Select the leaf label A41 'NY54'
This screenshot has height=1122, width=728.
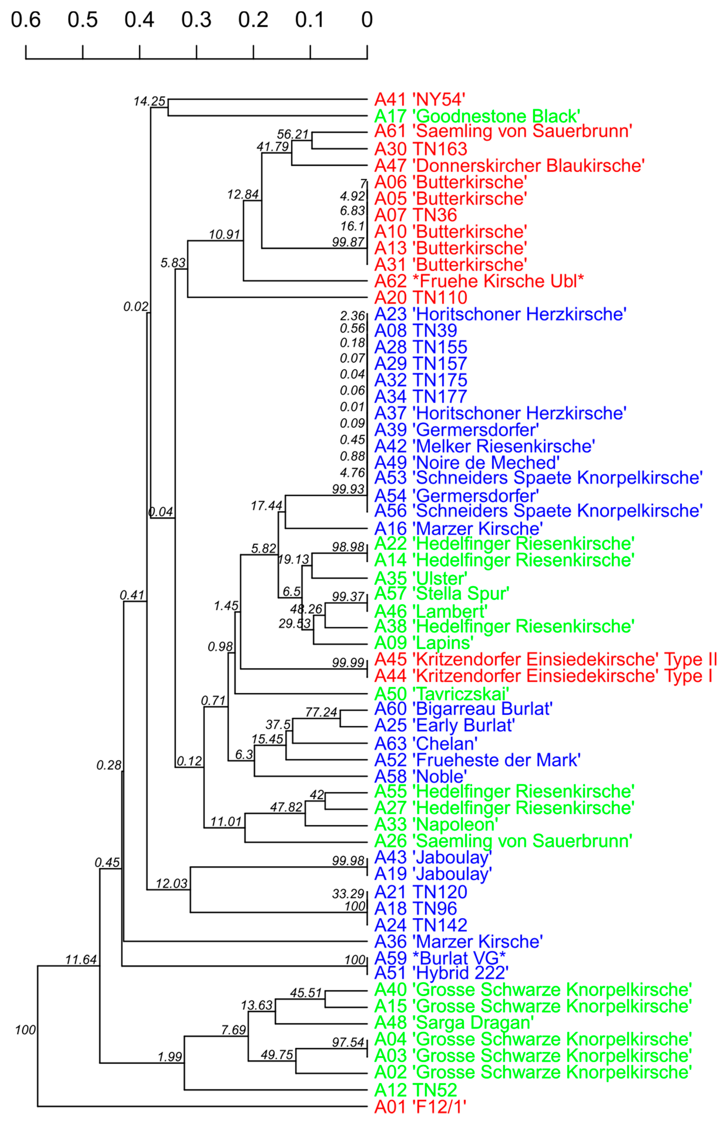419,100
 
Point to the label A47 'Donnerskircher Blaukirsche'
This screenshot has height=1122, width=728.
509,165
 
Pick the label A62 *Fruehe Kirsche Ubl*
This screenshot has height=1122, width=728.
479,281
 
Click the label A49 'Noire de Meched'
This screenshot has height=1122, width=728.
466,462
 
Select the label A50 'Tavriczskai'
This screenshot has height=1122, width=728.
441,694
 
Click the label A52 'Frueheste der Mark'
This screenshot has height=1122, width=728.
477,759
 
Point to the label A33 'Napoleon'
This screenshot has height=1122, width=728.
436,824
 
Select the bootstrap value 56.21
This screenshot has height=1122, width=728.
292,134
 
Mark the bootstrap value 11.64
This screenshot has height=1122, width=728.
81,959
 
